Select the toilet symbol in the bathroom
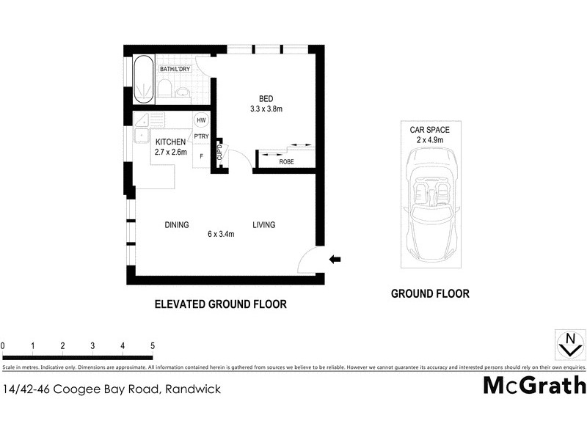165,89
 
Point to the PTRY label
200,137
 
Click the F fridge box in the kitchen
201,155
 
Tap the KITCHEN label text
169,142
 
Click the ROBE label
287,162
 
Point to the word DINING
177,225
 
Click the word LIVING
264,225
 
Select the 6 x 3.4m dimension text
221,235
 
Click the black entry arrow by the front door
335,258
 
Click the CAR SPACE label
430,129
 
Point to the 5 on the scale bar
153,345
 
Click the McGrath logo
534,385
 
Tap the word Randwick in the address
193,389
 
